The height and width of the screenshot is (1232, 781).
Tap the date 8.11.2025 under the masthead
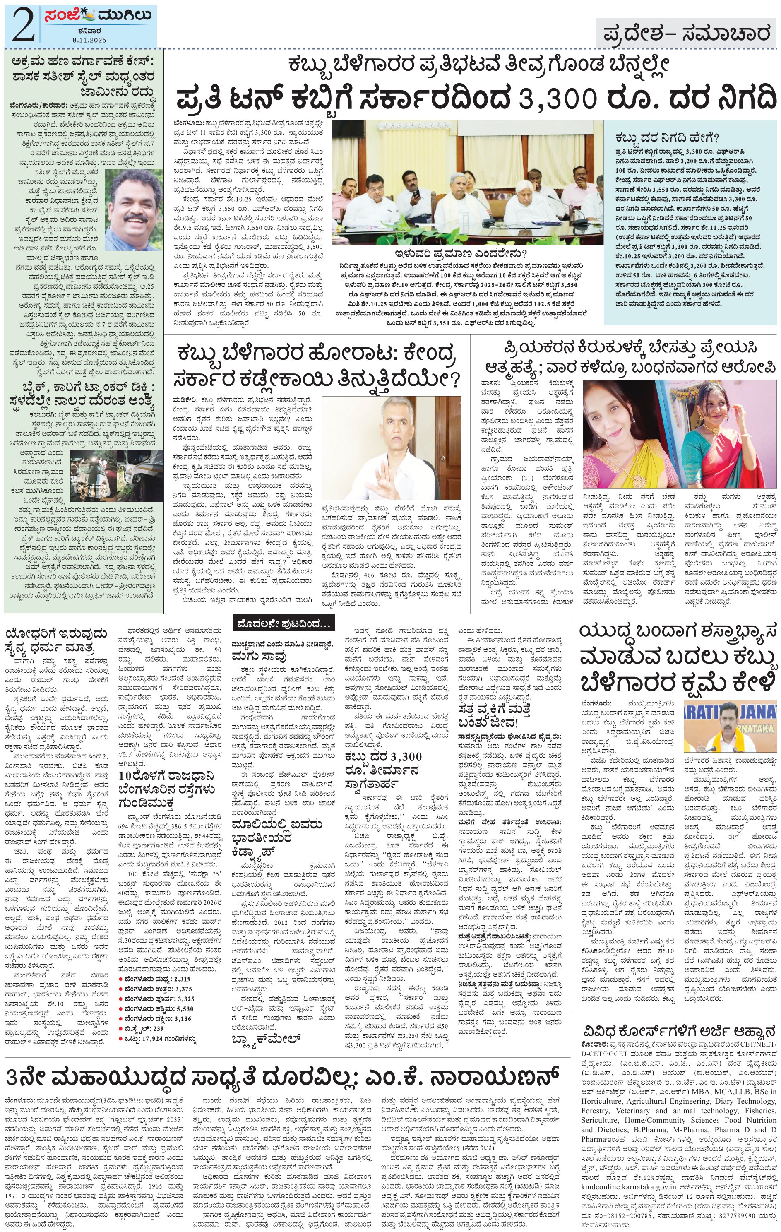pos(89,40)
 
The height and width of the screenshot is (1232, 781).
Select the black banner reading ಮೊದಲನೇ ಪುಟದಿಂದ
pos(284,624)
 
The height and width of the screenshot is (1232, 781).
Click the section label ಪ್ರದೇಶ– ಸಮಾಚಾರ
pos(685,34)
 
